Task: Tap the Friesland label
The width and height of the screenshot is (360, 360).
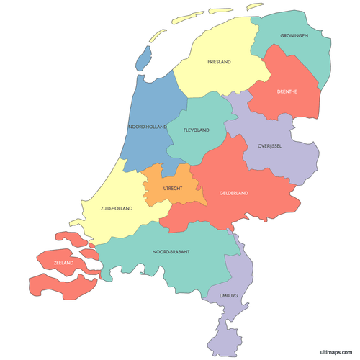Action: coord(219,63)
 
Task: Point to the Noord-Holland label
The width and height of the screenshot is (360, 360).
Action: coord(147,127)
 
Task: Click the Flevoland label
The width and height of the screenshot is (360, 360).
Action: coord(196,130)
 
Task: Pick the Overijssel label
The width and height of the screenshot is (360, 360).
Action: coord(269,146)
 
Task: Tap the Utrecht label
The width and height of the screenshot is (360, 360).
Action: coord(173,188)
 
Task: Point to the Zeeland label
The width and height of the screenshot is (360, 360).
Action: coord(63,263)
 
